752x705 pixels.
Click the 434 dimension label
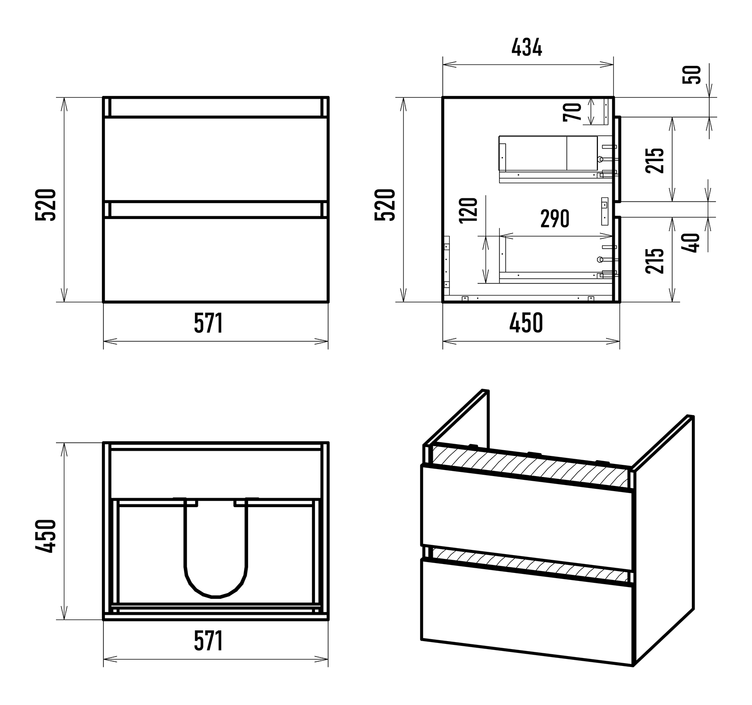[526, 47]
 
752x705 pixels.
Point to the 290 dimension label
[555, 219]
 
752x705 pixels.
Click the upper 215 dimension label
[655, 160]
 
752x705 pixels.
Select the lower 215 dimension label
[655, 260]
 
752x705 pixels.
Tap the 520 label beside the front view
[46, 205]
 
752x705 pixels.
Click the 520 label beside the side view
[385, 205]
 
